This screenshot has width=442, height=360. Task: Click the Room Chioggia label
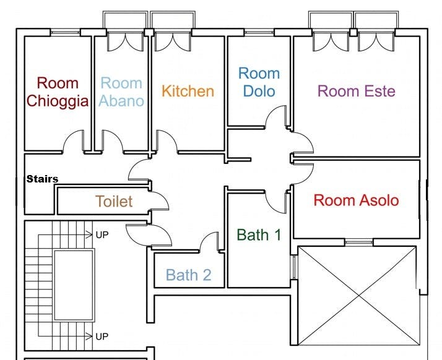pyautogui.click(x=58, y=92)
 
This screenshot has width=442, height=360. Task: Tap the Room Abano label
pyautogui.click(x=121, y=92)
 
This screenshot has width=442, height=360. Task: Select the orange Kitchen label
pyautogui.click(x=188, y=91)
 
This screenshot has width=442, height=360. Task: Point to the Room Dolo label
pyautogui.click(x=259, y=82)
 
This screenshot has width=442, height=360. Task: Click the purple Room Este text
pyautogui.click(x=357, y=91)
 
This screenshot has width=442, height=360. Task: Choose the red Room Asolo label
pyautogui.click(x=357, y=200)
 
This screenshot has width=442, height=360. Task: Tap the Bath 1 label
pyautogui.click(x=259, y=234)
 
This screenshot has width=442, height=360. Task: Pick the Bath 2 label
pyautogui.click(x=189, y=275)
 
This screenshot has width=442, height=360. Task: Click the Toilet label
pyautogui.click(x=114, y=201)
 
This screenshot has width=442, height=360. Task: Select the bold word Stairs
pyautogui.click(x=42, y=179)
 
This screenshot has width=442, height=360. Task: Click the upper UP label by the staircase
pyautogui.click(x=102, y=234)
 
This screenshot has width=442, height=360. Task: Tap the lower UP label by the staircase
pyautogui.click(x=102, y=336)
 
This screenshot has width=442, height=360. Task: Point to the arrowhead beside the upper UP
pyautogui.click(x=89, y=234)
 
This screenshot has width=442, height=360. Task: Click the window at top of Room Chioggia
pyautogui.click(x=65, y=32)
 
